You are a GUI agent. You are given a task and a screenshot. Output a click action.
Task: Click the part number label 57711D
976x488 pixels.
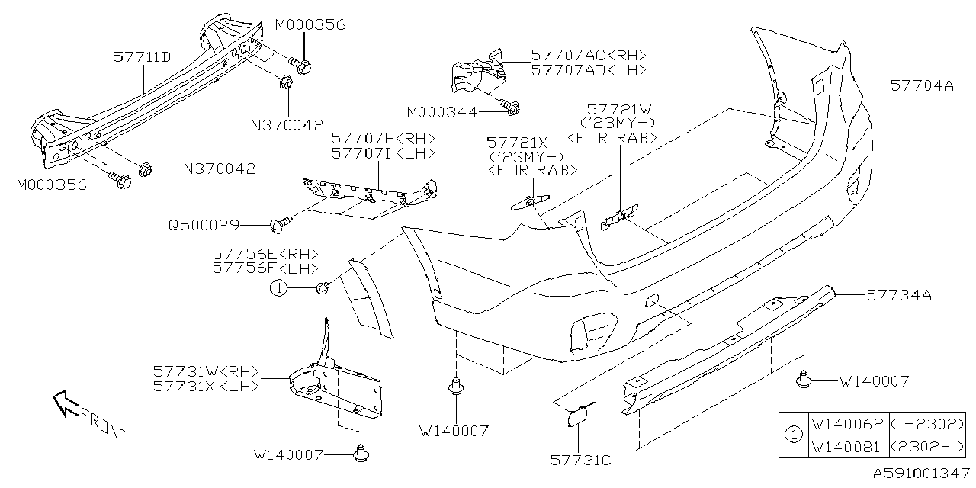coord(142,56)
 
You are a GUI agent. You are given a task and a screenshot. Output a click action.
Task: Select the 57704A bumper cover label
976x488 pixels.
coord(922,86)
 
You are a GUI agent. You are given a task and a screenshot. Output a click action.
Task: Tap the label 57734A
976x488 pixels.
coord(897,294)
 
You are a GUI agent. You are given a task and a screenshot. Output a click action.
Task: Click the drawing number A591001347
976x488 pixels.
coord(920,474)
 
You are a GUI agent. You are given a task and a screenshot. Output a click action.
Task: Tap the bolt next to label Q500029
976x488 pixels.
coord(278,224)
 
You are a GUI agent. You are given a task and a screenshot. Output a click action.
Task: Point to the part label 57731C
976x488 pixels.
coord(580,461)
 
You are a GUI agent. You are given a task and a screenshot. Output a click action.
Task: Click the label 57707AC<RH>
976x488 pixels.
coord(588,55)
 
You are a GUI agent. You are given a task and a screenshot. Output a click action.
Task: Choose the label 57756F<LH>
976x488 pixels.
coord(265,268)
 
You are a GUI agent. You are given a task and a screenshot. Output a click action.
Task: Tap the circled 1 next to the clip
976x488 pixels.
coord(280,287)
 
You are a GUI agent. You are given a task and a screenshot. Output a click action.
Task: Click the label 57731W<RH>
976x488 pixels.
coord(206,372)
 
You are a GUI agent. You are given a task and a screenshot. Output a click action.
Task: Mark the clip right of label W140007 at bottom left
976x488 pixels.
coord(359,454)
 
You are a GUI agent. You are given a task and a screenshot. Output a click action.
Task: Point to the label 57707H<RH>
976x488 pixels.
coord(383,138)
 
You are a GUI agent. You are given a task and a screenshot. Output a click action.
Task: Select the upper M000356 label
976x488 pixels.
coord(310,25)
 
